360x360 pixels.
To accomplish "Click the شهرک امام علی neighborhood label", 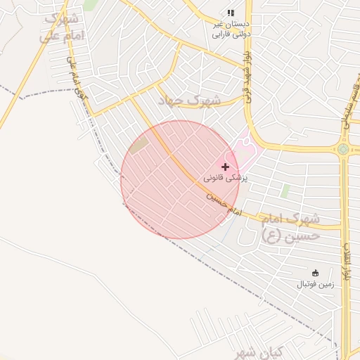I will click(x=64, y=26).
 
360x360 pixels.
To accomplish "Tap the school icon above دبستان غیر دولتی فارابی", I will click(x=231, y=13).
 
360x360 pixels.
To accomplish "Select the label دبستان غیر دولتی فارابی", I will click(x=232, y=28).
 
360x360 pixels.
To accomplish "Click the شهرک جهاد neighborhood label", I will click(x=189, y=101).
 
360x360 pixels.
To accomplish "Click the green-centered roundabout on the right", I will click(x=343, y=149).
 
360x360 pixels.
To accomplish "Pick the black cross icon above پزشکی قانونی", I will click(x=225, y=167).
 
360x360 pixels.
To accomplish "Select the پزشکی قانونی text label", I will click(x=226, y=179).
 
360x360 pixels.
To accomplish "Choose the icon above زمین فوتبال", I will click(x=315, y=273).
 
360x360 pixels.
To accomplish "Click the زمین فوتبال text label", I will click(x=314, y=284).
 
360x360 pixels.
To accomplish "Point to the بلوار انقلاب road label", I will click(x=347, y=261).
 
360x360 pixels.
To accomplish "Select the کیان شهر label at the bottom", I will click(x=258, y=352).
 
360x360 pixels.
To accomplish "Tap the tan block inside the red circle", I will click(x=139, y=145).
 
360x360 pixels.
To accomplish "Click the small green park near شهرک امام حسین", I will click(x=285, y=191).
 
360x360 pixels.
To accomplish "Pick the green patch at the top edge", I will click(x=90, y=4).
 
